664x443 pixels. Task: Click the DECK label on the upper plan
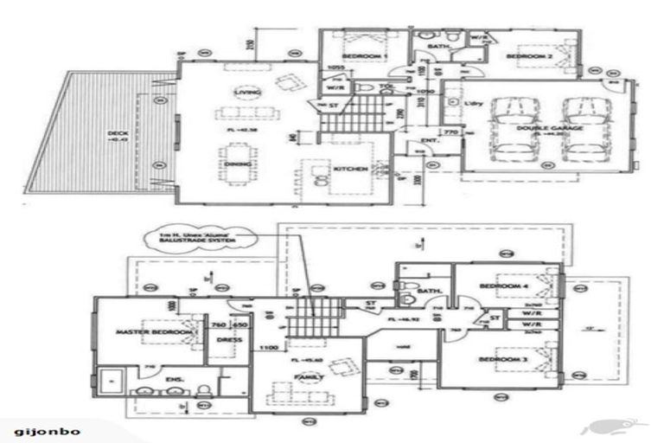118,132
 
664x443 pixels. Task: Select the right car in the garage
581,130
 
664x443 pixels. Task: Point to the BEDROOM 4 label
505,286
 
